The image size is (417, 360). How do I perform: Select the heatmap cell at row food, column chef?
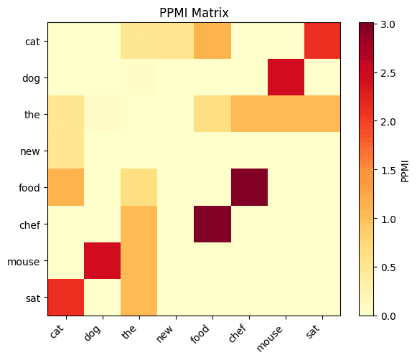click(x=249, y=187)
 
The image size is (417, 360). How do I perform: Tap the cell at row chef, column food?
click(x=212, y=224)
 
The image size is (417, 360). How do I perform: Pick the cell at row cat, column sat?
click(x=322, y=41)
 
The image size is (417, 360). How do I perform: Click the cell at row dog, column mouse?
click(x=286, y=77)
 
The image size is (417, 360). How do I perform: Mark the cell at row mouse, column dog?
click(x=103, y=260)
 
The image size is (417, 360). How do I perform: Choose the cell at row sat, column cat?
click(x=66, y=297)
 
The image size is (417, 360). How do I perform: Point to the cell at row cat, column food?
click(x=212, y=41)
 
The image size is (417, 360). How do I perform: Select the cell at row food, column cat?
click(x=66, y=187)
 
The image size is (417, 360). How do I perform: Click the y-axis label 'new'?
click(x=30, y=151)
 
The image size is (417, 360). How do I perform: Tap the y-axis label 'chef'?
click(x=29, y=224)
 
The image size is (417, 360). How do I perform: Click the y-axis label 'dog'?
click(x=30, y=77)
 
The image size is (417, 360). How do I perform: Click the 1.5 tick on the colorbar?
click(x=388, y=169)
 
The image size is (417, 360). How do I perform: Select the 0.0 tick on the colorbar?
click(x=388, y=316)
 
